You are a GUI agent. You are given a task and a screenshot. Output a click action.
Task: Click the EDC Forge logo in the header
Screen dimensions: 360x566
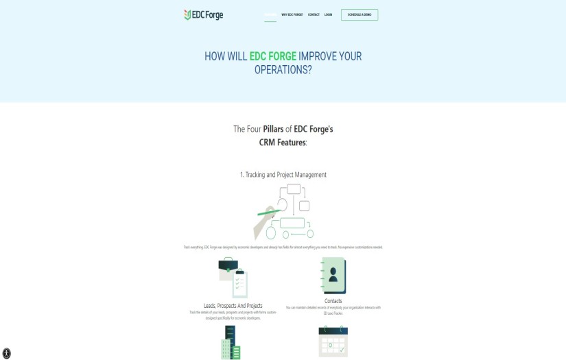click(x=203, y=15)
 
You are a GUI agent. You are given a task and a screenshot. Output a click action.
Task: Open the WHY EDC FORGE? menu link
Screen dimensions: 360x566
click(x=292, y=14)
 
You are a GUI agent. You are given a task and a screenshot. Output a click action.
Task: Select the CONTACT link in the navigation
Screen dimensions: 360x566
click(x=314, y=14)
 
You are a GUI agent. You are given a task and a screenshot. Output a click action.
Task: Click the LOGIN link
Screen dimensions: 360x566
click(x=328, y=14)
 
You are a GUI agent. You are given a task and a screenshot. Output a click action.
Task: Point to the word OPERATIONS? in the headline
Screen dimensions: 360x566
click(x=283, y=70)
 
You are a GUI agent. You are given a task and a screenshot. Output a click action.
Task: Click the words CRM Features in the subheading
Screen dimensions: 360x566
click(x=282, y=143)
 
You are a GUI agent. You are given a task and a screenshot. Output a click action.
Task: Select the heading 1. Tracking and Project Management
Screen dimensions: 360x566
click(x=283, y=175)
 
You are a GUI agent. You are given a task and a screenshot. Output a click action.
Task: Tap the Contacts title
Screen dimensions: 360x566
click(x=333, y=301)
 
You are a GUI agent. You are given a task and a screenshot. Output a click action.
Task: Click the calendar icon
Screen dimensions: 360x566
click(x=333, y=341)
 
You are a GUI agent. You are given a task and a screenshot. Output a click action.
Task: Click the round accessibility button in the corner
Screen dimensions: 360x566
click(x=7, y=354)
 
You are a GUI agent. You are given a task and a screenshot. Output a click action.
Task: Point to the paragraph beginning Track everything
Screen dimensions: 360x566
click(x=283, y=247)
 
